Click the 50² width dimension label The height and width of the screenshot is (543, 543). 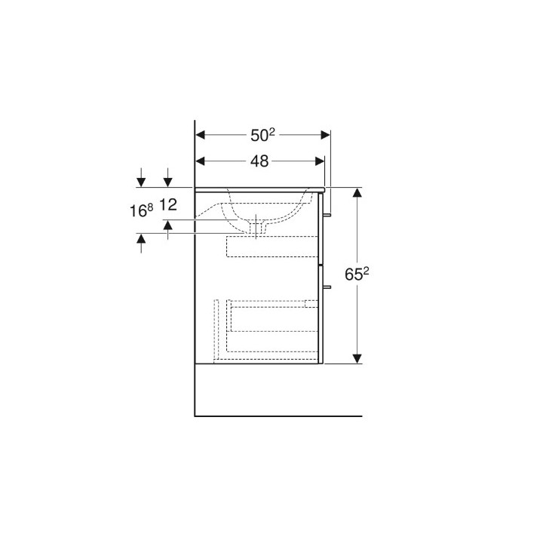(x=262, y=135)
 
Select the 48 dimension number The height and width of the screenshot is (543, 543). (x=259, y=161)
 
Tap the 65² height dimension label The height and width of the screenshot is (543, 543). (x=357, y=275)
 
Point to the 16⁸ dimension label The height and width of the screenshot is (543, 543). (x=141, y=210)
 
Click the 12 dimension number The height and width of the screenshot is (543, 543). (x=169, y=205)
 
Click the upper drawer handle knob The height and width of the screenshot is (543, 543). (x=327, y=215)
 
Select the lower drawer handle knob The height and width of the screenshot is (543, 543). (x=327, y=287)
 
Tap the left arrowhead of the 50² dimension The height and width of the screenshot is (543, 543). (x=200, y=135)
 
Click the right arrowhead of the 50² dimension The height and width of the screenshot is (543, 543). (x=326, y=135)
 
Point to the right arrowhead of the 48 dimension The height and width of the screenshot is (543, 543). (x=320, y=161)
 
